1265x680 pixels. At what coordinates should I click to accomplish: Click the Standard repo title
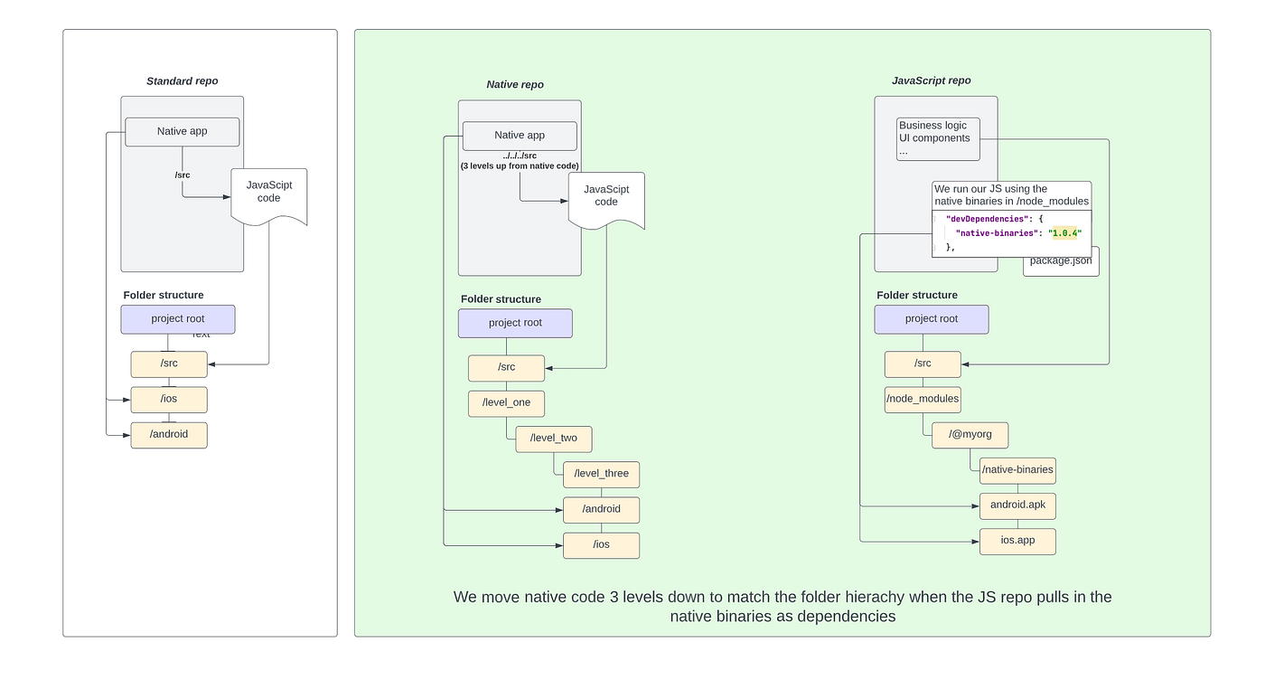[x=182, y=81]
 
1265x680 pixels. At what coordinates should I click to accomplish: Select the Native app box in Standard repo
[x=182, y=131]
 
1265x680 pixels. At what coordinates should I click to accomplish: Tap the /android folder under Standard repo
[x=169, y=434]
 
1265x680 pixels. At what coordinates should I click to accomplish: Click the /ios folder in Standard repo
[x=169, y=399]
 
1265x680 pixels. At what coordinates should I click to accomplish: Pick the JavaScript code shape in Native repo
[x=606, y=196]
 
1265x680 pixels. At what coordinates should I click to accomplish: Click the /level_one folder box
[x=506, y=402]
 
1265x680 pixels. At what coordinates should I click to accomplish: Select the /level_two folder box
[x=553, y=439]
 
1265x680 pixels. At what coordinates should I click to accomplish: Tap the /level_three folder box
[x=601, y=474]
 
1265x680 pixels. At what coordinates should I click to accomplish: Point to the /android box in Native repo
[x=601, y=509]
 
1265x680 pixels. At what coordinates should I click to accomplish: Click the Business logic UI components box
[x=934, y=138]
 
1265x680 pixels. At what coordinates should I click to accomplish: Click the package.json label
[x=1061, y=261]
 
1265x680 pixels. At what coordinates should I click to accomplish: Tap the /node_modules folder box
[x=922, y=398]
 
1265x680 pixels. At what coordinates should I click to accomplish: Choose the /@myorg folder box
[x=970, y=434]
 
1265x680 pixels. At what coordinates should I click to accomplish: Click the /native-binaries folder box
[x=1017, y=469]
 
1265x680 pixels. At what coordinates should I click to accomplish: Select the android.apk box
[x=1017, y=505]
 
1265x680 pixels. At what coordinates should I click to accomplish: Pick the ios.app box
[x=1017, y=541]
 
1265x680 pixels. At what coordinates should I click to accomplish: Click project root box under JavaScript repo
[x=931, y=319]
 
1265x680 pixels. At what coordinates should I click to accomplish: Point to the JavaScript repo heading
[x=931, y=80]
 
